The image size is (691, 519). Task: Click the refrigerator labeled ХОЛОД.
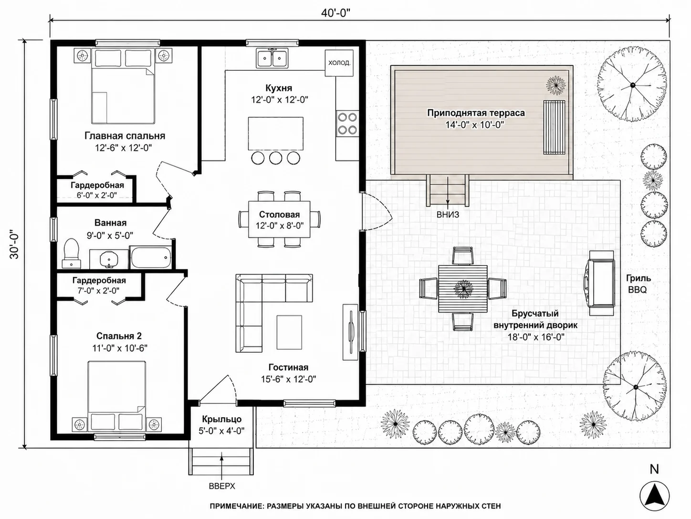(x=339, y=63)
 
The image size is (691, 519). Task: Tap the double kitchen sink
(x=272, y=58)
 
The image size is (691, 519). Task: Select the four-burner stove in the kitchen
(x=347, y=123)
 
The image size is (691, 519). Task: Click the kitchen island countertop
(x=275, y=134)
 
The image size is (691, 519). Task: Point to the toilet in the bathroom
(x=71, y=253)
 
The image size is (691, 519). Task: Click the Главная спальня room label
(x=125, y=136)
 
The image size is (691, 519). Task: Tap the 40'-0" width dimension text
(x=335, y=13)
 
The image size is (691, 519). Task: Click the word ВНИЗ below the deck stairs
(x=448, y=215)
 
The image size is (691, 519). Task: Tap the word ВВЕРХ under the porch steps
(x=222, y=486)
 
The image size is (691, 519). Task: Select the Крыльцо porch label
(x=221, y=420)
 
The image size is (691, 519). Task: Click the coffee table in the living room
(x=289, y=333)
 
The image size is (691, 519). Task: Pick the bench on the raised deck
(x=554, y=127)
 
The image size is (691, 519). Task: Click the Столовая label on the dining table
(x=279, y=215)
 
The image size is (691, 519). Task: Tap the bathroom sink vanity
(x=109, y=259)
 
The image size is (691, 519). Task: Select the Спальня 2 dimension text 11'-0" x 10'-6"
(x=120, y=348)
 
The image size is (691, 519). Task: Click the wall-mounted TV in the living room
(x=350, y=332)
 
